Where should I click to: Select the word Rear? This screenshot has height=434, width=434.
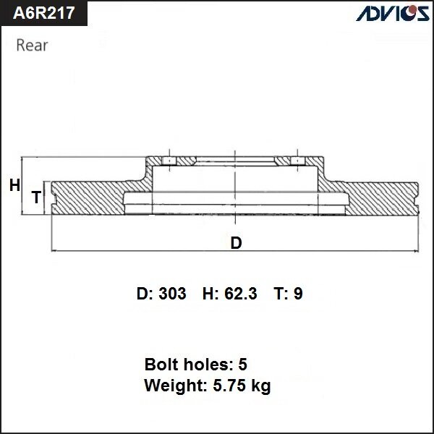click(32, 46)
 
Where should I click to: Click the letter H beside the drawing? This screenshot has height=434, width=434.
click(14, 186)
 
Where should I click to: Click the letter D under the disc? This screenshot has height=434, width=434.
click(236, 243)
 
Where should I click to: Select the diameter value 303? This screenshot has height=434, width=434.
click(172, 294)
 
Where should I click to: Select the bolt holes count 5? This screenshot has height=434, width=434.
click(242, 364)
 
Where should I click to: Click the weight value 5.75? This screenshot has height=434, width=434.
click(226, 386)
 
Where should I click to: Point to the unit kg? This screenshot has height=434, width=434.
click(260, 387)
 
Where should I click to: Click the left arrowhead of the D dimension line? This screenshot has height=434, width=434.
click(55, 251)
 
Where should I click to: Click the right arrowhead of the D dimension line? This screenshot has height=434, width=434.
click(417, 251)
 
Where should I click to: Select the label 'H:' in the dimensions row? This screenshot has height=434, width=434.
click(210, 294)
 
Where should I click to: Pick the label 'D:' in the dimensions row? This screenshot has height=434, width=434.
click(144, 294)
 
